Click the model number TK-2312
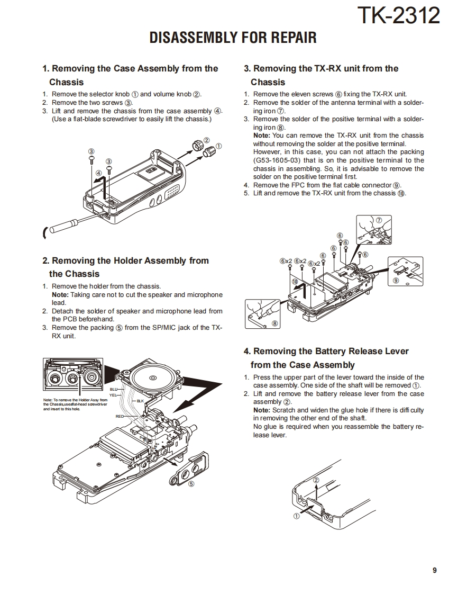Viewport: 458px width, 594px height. (x=398, y=16)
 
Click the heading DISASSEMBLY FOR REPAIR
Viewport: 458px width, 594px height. (x=233, y=38)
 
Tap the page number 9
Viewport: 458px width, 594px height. (x=434, y=570)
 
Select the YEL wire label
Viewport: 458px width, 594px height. (x=113, y=395)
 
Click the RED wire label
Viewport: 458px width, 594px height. (x=120, y=417)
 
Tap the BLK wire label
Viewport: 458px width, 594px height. (x=140, y=401)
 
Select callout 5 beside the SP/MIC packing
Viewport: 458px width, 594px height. (x=191, y=483)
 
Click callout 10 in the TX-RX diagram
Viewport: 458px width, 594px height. (x=295, y=282)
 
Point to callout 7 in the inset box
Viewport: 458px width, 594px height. (x=379, y=220)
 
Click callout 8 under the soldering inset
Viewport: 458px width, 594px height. (x=274, y=323)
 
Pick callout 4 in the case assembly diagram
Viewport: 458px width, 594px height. (x=98, y=173)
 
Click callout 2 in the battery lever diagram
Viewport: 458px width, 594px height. (x=316, y=480)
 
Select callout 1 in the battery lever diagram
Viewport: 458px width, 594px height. (x=297, y=515)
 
